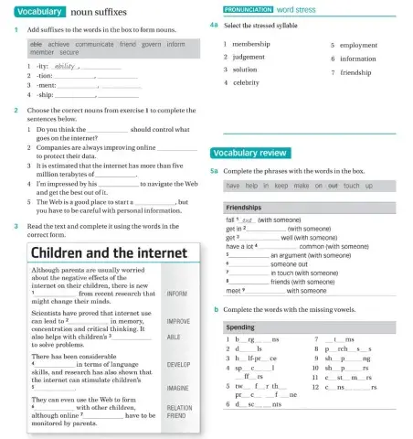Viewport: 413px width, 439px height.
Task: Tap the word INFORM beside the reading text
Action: pos(176,294)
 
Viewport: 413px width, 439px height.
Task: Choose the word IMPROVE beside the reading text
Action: pos(178,322)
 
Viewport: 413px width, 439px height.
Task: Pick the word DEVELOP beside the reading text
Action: pos(178,364)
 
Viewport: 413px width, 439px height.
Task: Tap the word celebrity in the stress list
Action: pos(242,82)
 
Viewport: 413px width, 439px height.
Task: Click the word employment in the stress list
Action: pos(359,44)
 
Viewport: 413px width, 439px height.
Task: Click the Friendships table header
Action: pos(244,208)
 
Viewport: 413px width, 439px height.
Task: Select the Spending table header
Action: pos(240,327)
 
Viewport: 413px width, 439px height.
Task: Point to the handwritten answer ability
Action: pos(63,66)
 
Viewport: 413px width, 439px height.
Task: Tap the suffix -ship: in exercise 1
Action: pos(41,94)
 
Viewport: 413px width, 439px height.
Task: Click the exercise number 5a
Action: pos(214,171)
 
